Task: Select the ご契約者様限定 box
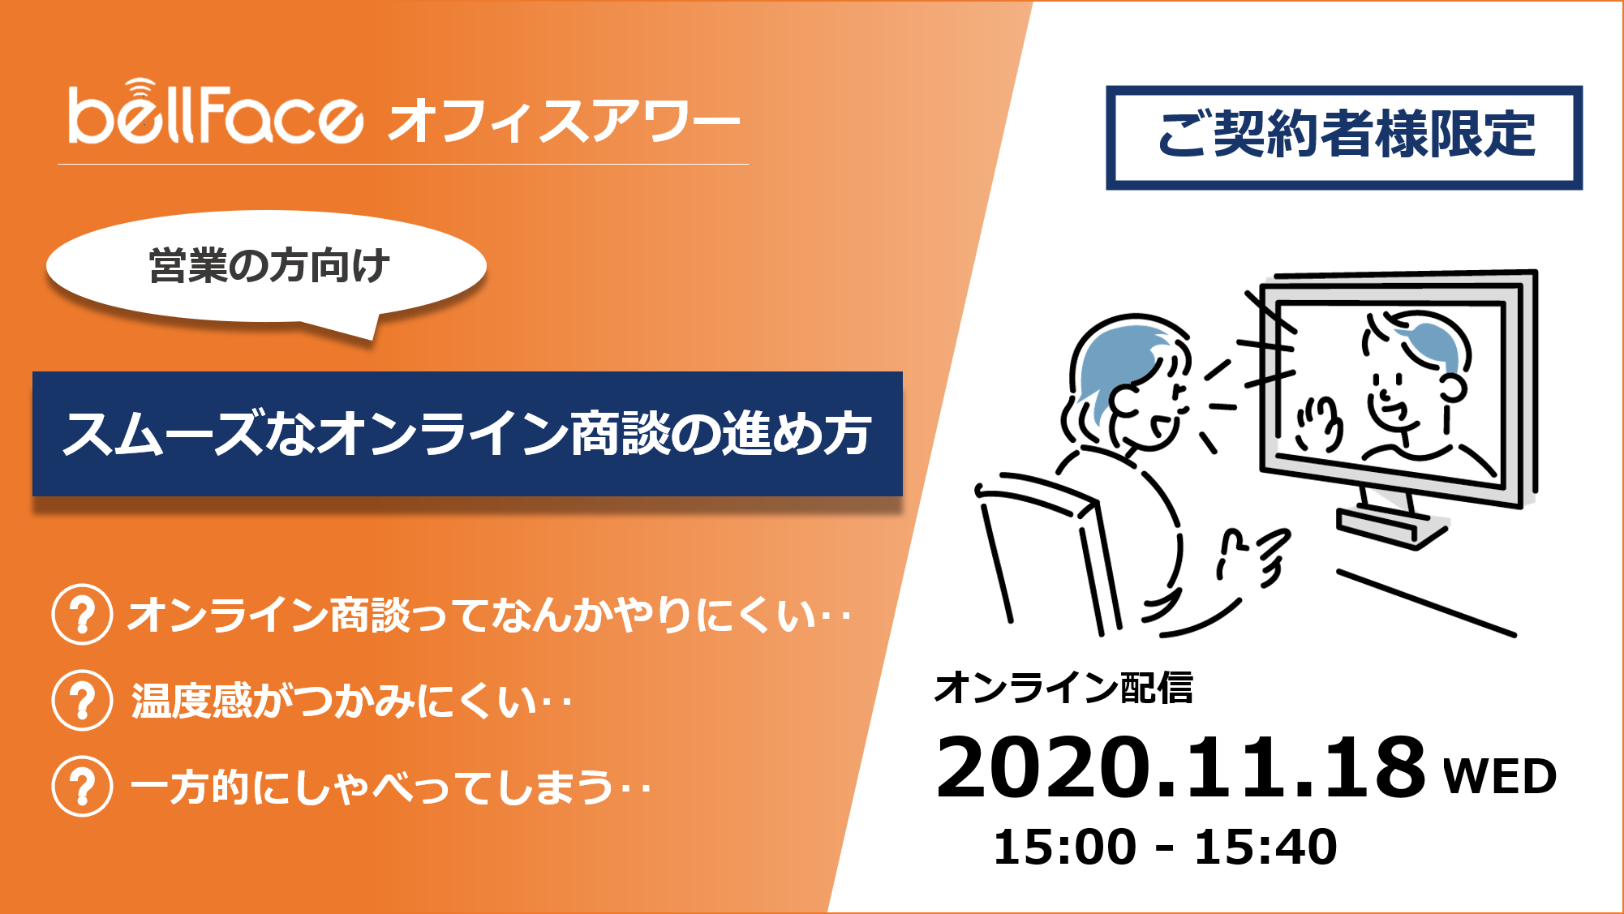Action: pyautogui.click(x=1344, y=137)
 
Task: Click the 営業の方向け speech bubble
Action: pyautogui.click(x=268, y=268)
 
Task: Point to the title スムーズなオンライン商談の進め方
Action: pyautogui.click(x=467, y=434)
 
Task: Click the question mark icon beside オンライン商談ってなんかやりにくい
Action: pyautogui.click(x=82, y=614)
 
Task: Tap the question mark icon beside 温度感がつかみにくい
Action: pyautogui.click(x=82, y=700)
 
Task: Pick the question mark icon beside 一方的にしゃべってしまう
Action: pyautogui.click(x=82, y=786)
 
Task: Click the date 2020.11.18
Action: pyautogui.click(x=1180, y=767)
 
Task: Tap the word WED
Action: pyautogui.click(x=1500, y=776)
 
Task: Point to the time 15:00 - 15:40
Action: pyautogui.click(x=1165, y=847)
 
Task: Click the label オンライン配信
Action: pyautogui.click(x=1063, y=688)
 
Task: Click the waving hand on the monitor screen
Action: pyautogui.click(x=1318, y=424)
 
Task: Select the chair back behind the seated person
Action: pyautogui.click(x=1046, y=551)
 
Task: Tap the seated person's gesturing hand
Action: pyautogui.click(x=1254, y=556)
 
